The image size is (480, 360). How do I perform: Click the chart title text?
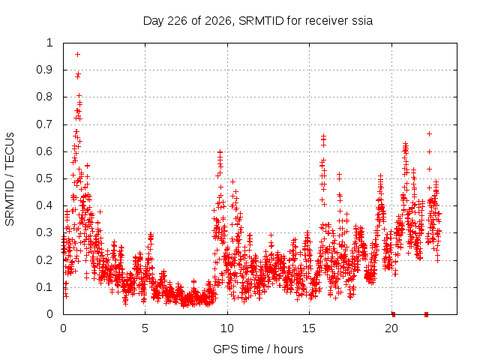[x=258, y=21]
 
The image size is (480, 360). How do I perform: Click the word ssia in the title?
[x=362, y=21]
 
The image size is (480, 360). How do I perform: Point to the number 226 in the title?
[x=178, y=21]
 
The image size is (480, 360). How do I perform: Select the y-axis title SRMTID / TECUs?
[x=10, y=179]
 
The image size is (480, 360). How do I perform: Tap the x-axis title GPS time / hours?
[x=258, y=349]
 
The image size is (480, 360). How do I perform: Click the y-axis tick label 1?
[x=49, y=43]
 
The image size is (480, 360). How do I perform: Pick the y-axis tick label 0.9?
[x=45, y=70]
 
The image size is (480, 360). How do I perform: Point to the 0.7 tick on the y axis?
[x=45, y=124]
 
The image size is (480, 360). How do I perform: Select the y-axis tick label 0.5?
[x=45, y=178]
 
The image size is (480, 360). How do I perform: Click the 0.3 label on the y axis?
[x=45, y=232]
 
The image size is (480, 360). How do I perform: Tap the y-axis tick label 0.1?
[x=45, y=287]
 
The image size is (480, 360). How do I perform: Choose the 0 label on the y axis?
[x=49, y=314]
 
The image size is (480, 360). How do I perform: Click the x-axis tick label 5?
[x=145, y=328]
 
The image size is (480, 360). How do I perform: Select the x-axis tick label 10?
[x=226, y=328]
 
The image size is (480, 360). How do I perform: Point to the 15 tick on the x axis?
[x=309, y=328]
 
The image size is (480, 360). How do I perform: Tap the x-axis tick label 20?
[x=391, y=328]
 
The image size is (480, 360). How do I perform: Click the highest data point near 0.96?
[x=78, y=55]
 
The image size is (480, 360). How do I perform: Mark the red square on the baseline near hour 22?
[x=426, y=314]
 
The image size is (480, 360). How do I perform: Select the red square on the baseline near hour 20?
[x=394, y=314]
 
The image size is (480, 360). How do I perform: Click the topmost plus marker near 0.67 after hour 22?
[x=430, y=133]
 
